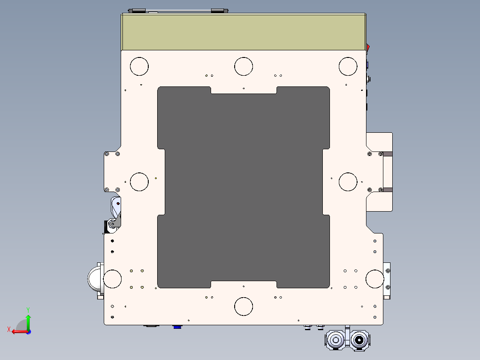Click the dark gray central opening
(x=244, y=187)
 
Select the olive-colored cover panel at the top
(x=244, y=32)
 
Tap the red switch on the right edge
(x=368, y=48)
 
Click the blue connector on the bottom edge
(x=177, y=327)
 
